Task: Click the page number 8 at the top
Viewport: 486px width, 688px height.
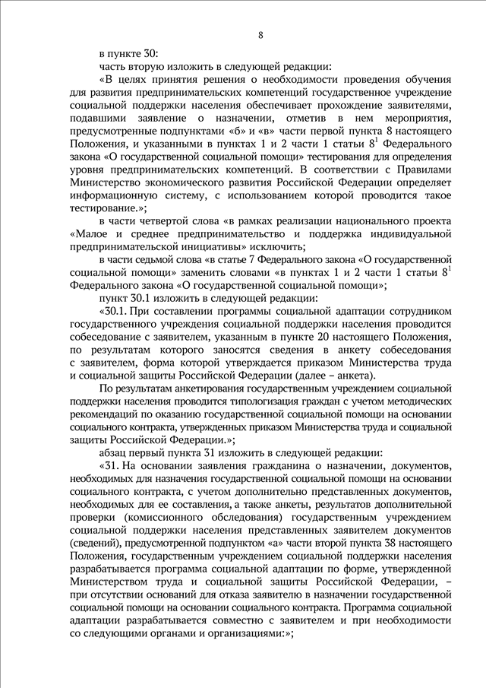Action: [260, 35]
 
